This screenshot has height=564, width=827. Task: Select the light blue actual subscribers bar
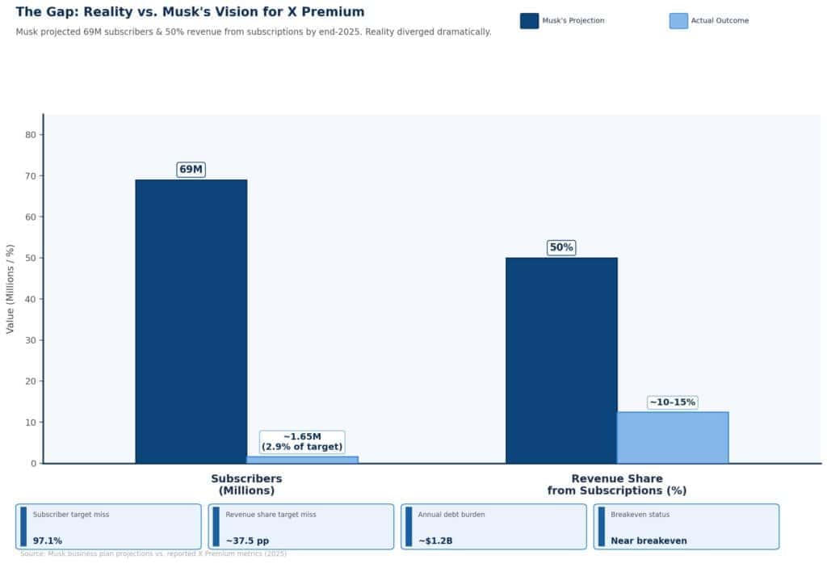(x=302, y=460)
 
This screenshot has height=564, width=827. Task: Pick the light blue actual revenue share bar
(x=673, y=437)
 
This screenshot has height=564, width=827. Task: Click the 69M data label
(x=191, y=170)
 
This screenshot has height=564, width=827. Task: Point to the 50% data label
(x=561, y=247)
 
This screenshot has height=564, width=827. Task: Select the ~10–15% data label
(x=672, y=402)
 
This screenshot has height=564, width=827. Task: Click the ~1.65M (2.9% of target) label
(x=302, y=442)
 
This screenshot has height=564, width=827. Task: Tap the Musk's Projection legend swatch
(x=529, y=21)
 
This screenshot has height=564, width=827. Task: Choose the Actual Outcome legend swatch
(x=678, y=21)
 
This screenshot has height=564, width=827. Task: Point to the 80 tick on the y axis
(x=33, y=135)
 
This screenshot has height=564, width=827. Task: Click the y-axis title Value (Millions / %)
(x=10, y=288)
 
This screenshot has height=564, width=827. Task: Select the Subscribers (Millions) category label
(x=246, y=484)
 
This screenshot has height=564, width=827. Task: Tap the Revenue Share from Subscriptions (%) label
(x=616, y=484)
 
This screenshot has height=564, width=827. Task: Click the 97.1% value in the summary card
(x=48, y=541)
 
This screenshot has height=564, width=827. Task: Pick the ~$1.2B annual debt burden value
(x=435, y=541)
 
